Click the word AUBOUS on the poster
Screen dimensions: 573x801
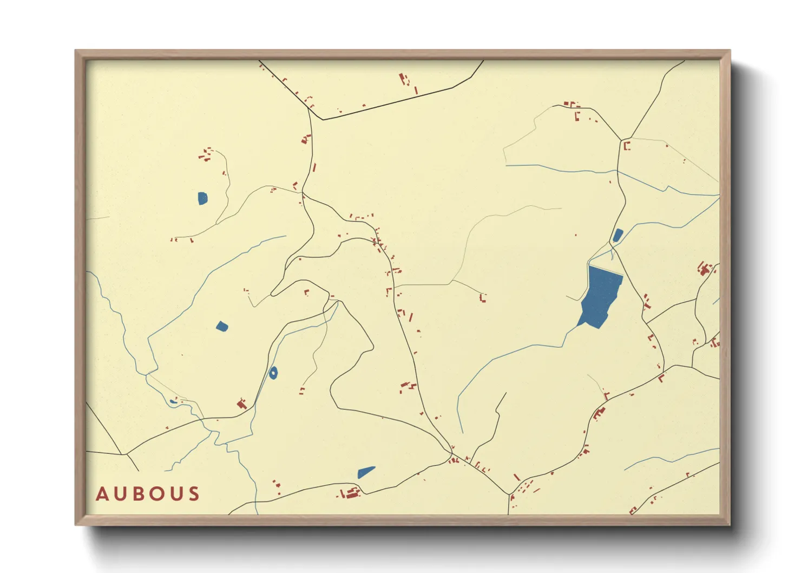click(x=148, y=494)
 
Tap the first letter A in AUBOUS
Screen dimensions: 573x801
click(x=102, y=494)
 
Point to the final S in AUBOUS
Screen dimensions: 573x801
click(x=194, y=494)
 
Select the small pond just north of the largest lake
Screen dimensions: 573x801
click(x=617, y=235)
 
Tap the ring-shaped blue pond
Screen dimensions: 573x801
click(x=273, y=373)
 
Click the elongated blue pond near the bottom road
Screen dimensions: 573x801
click(x=366, y=472)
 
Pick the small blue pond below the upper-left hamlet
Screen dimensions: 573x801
click(x=202, y=198)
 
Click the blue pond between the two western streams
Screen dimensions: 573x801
click(x=222, y=326)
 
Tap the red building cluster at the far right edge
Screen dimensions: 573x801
click(x=704, y=269)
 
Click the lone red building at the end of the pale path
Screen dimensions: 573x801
click(x=483, y=297)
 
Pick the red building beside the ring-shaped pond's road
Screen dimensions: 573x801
click(x=242, y=403)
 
